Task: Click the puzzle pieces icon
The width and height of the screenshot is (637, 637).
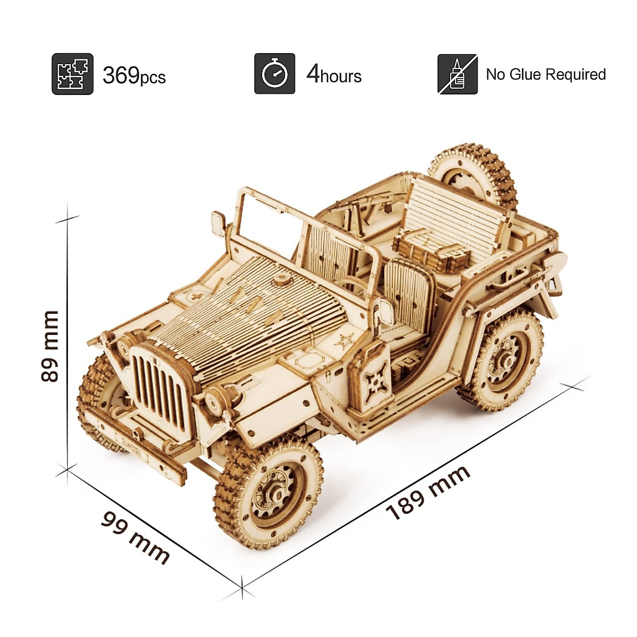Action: coord(72,74)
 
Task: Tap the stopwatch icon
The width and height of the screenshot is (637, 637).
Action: coord(274,74)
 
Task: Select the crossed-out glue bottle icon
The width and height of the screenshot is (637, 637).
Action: coord(458,74)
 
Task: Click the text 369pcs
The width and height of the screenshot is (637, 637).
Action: coord(134,76)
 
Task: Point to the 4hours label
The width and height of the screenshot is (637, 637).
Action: coord(334,75)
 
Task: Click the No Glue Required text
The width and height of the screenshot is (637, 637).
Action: coord(546,74)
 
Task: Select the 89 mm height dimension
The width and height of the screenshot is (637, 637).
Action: coord(50,346)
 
